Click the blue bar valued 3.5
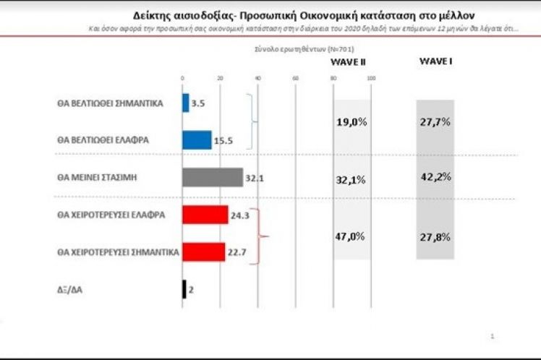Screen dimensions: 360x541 click(x=186, y=103)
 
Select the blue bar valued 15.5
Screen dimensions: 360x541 click(x=197, y=140)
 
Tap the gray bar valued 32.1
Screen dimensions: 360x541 click(x=213, y=177)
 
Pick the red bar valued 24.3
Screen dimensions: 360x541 click(x=205, y=215)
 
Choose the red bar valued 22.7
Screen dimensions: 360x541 click(x=204, y=252)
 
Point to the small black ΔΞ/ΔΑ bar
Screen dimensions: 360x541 click(x=184, y=289)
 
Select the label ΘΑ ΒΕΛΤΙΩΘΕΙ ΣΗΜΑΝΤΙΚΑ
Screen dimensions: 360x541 click(x=110, y=103)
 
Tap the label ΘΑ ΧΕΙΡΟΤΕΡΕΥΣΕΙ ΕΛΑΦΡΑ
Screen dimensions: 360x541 click(x=111, y=215)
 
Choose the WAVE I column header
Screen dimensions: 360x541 click(x=435, y=61)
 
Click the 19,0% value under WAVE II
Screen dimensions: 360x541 click(x=352, y=122)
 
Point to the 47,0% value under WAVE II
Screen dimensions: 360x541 click(x=352, y=236)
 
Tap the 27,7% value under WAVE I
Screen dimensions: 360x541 click(x=435, y=122)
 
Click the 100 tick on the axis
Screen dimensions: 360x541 click(x=371, y=78)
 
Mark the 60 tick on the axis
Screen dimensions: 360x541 click(x=295, y=78)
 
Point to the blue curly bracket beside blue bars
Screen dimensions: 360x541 click(x=253, y=121)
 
